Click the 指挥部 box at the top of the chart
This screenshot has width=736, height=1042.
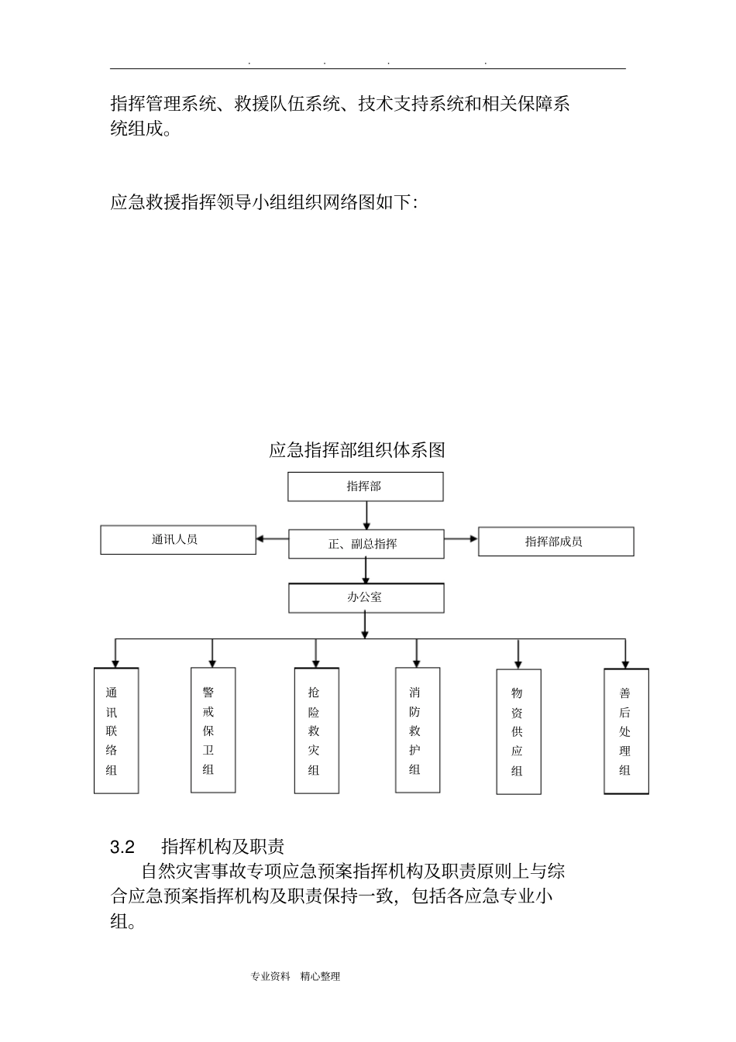[x=366, y=487]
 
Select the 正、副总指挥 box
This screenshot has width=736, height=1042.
[x=366, y=544]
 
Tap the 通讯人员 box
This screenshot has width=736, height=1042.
[x=177, y=540]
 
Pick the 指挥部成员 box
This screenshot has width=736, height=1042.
[x=555, y=542]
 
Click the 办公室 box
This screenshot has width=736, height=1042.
[x=366, y=597]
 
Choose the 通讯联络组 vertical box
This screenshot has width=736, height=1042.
[x=116, y=731]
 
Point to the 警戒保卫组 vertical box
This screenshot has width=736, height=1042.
[x=213, y=730]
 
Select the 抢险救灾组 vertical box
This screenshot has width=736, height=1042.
[x=316, y=731]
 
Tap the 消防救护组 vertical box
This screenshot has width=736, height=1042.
[x=418, y=730]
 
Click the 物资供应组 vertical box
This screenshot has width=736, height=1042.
[x=518, y=731]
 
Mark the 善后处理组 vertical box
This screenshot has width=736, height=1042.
[x=626, y=731]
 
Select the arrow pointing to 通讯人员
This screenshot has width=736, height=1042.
[x=272, y=539]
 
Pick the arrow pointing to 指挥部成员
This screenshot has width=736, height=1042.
[x=461, y=538]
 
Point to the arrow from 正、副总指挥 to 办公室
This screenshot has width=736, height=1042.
[x=366, y=570]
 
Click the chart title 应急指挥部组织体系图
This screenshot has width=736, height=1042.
[x=357, y=450]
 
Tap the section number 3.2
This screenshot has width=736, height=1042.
[x=122, y=846]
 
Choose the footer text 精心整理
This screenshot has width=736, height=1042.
[x=320, y=977]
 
